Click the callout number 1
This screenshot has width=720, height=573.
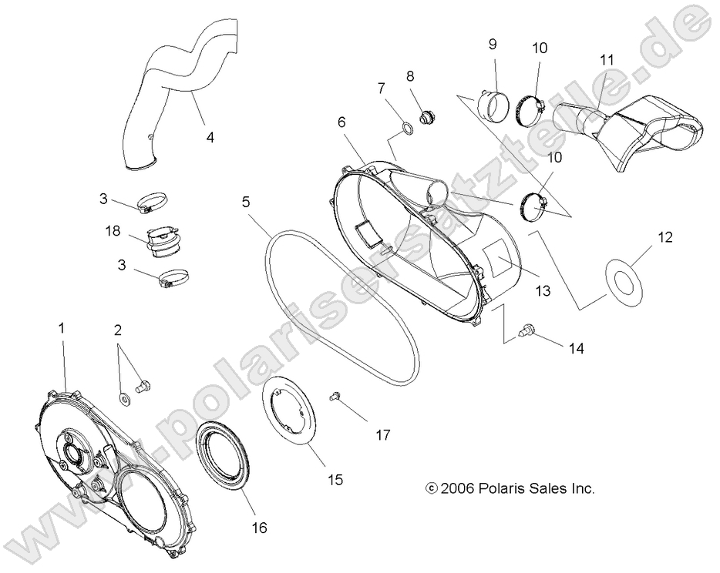62,327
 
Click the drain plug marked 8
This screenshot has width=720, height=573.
424,118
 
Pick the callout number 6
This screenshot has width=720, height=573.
341,122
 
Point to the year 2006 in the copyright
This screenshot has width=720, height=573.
456,488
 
